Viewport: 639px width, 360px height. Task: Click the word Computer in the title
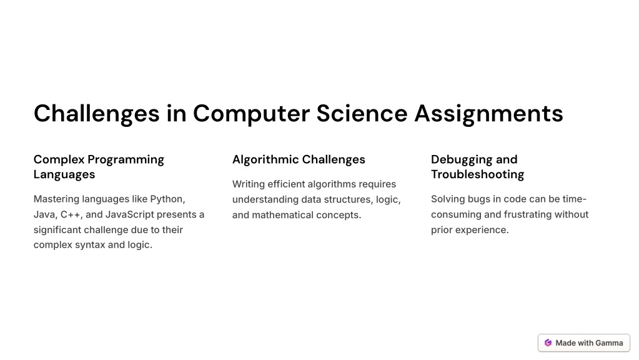[250, 114]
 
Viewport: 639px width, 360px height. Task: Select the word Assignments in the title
[488, 114]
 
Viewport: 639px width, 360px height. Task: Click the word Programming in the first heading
[126, 159]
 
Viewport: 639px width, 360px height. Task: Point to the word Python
[167, 199]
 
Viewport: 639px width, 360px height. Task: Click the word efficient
[286, 184]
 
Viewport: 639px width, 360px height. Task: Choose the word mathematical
[281, 215]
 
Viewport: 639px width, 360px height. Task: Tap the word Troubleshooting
[477, 174]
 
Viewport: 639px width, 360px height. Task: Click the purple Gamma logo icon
[548, 342]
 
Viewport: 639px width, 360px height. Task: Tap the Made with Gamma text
[589, 342]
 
